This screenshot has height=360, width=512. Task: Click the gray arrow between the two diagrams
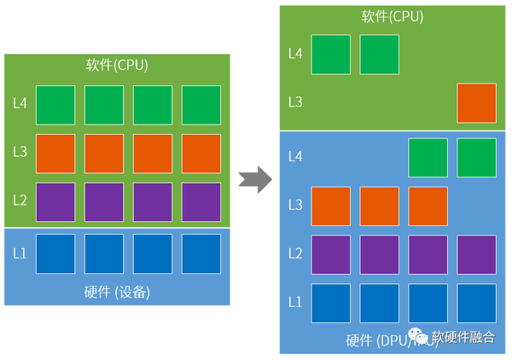pyautogui.click(x=254, y=180)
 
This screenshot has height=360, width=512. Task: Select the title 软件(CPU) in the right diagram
pyautogui.click(x=392, y=16)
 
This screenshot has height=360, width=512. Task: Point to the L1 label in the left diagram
pyautogui.click(x=20, y=253)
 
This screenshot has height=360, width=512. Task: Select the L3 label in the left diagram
pyautogui.click(x=20, y=153)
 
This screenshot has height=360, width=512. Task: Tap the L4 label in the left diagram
pyautogui.click(x=20, y=104)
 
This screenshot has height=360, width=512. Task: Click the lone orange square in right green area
pyautogui.click(x=476, y=102)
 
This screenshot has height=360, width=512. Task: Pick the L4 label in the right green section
pyautogui.click(x=295, y=54)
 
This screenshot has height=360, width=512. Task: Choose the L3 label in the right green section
pyautogui.click(x=295, y=102)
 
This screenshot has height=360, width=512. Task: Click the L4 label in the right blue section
pyautogui.click(x=295, y=156)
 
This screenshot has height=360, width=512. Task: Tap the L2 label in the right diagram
pyautogui.click(x=295, y=253)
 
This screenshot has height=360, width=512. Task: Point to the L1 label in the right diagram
pyautogui.click(x=295, y=302)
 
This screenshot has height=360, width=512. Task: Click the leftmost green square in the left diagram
pyautogui.click(x=55, y=104)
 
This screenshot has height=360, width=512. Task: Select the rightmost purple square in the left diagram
pyautogui.click(x=201, y=202)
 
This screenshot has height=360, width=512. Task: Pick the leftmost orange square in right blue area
pyautogui.click(x=330, y=206)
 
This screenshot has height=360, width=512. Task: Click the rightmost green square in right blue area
pyautogui.click(x=476, y=157)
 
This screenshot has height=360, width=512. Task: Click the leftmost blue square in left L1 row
pyautogui.click(x=55, y=253)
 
